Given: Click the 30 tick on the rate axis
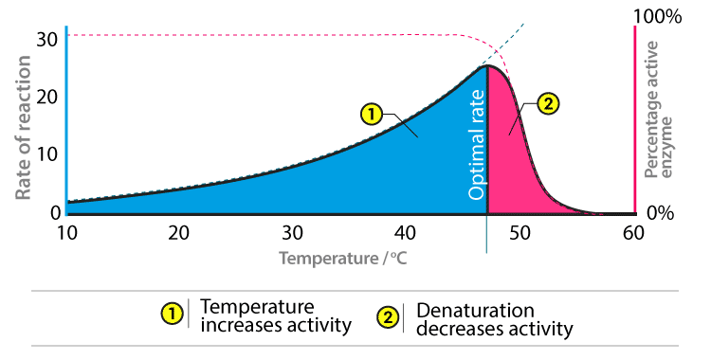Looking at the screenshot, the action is (x=47, y=40).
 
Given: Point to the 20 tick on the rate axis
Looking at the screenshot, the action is (x=47, y=97).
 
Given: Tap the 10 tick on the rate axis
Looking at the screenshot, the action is (x=47, y=154).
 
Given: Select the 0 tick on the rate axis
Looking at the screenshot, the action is (x=55, y=212).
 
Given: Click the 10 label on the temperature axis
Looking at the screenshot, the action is (x=66, y=233).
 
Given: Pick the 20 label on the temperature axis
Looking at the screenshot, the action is (x=178, y=233).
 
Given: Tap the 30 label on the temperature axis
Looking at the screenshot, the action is (x=292, y=233).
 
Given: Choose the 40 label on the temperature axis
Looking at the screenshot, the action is (x=405, y=233).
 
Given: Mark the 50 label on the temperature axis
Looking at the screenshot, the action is (x=520, y=233).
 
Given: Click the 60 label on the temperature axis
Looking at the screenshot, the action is (x=633, y=233).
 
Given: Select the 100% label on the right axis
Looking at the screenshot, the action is (x=657, y=16).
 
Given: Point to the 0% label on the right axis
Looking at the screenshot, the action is (x=660, y=212).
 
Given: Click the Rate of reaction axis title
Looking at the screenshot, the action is (x=23, y=128).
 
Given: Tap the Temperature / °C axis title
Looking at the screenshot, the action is (x=343, y=259).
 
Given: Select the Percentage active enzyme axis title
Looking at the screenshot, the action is (x=658, y=110).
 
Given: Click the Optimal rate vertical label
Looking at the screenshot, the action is (x=476, y=145).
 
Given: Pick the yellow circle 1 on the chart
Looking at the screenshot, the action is (x=372, y=115).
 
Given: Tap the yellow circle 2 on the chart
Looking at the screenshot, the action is (x=548, y=104).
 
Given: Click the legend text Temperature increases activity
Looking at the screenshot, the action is (x=276, y=316).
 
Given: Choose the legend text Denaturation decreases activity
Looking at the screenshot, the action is (x=494, y=319).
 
